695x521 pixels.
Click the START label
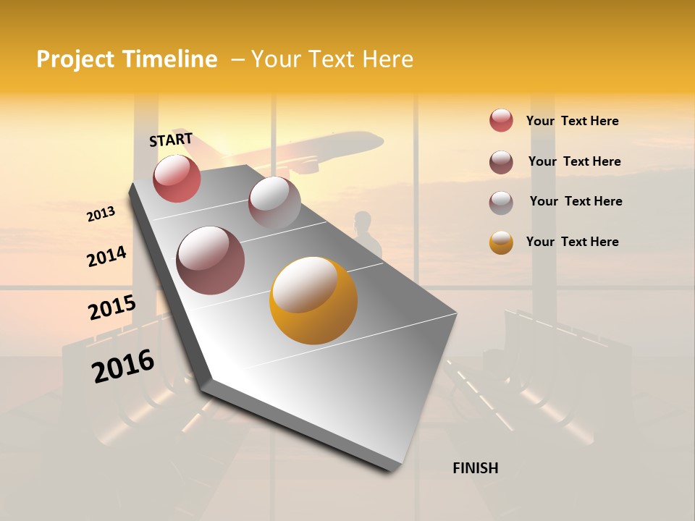pos(171,140)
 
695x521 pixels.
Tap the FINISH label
pos(476,468)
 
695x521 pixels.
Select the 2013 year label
pos(101,214)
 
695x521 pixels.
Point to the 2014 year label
pos(106,257)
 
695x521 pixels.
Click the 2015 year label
pos(112,308)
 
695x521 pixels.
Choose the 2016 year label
pos(123,366)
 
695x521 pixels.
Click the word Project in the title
pos(77,59)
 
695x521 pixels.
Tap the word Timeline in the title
pos(169,59)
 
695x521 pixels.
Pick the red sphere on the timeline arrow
pos(177,179)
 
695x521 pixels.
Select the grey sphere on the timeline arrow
pos(274,202)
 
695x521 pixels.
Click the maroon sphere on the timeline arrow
pos(211,260)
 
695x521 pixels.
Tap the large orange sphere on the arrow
pos(313,300)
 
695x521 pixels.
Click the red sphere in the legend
pos(501,120)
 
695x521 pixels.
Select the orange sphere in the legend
pos(501,242)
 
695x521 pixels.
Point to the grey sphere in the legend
pos(501,203)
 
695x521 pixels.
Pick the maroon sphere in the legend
pos(501,162)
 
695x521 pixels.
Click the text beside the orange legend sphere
pos(573,242)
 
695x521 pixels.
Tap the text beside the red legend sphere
pos(573,121)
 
